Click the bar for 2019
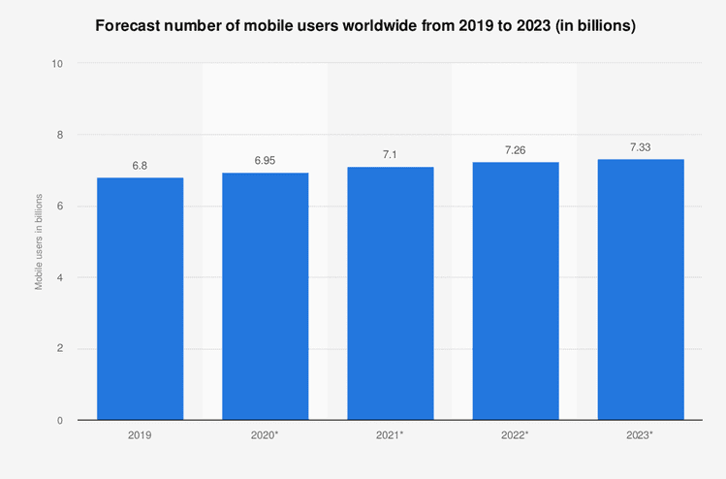(140, 299)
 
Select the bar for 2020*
(265, 296)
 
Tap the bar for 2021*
(391, 293)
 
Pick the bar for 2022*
(516, 291)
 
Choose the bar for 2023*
(641, 289)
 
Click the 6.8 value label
(140, 166)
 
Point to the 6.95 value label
(265, 161)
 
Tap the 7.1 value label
(391, 155)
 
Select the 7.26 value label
(516, 150)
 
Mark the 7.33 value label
(641, 147)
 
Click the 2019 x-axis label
(140, 436)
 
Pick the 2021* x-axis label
(391, 436)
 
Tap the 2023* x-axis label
(641, 436)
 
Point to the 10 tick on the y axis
(57, 64)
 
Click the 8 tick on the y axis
(60, 135)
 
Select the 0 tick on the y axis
(60, 420)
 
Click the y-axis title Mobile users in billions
(39, 241)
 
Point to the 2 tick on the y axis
(60, 349)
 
